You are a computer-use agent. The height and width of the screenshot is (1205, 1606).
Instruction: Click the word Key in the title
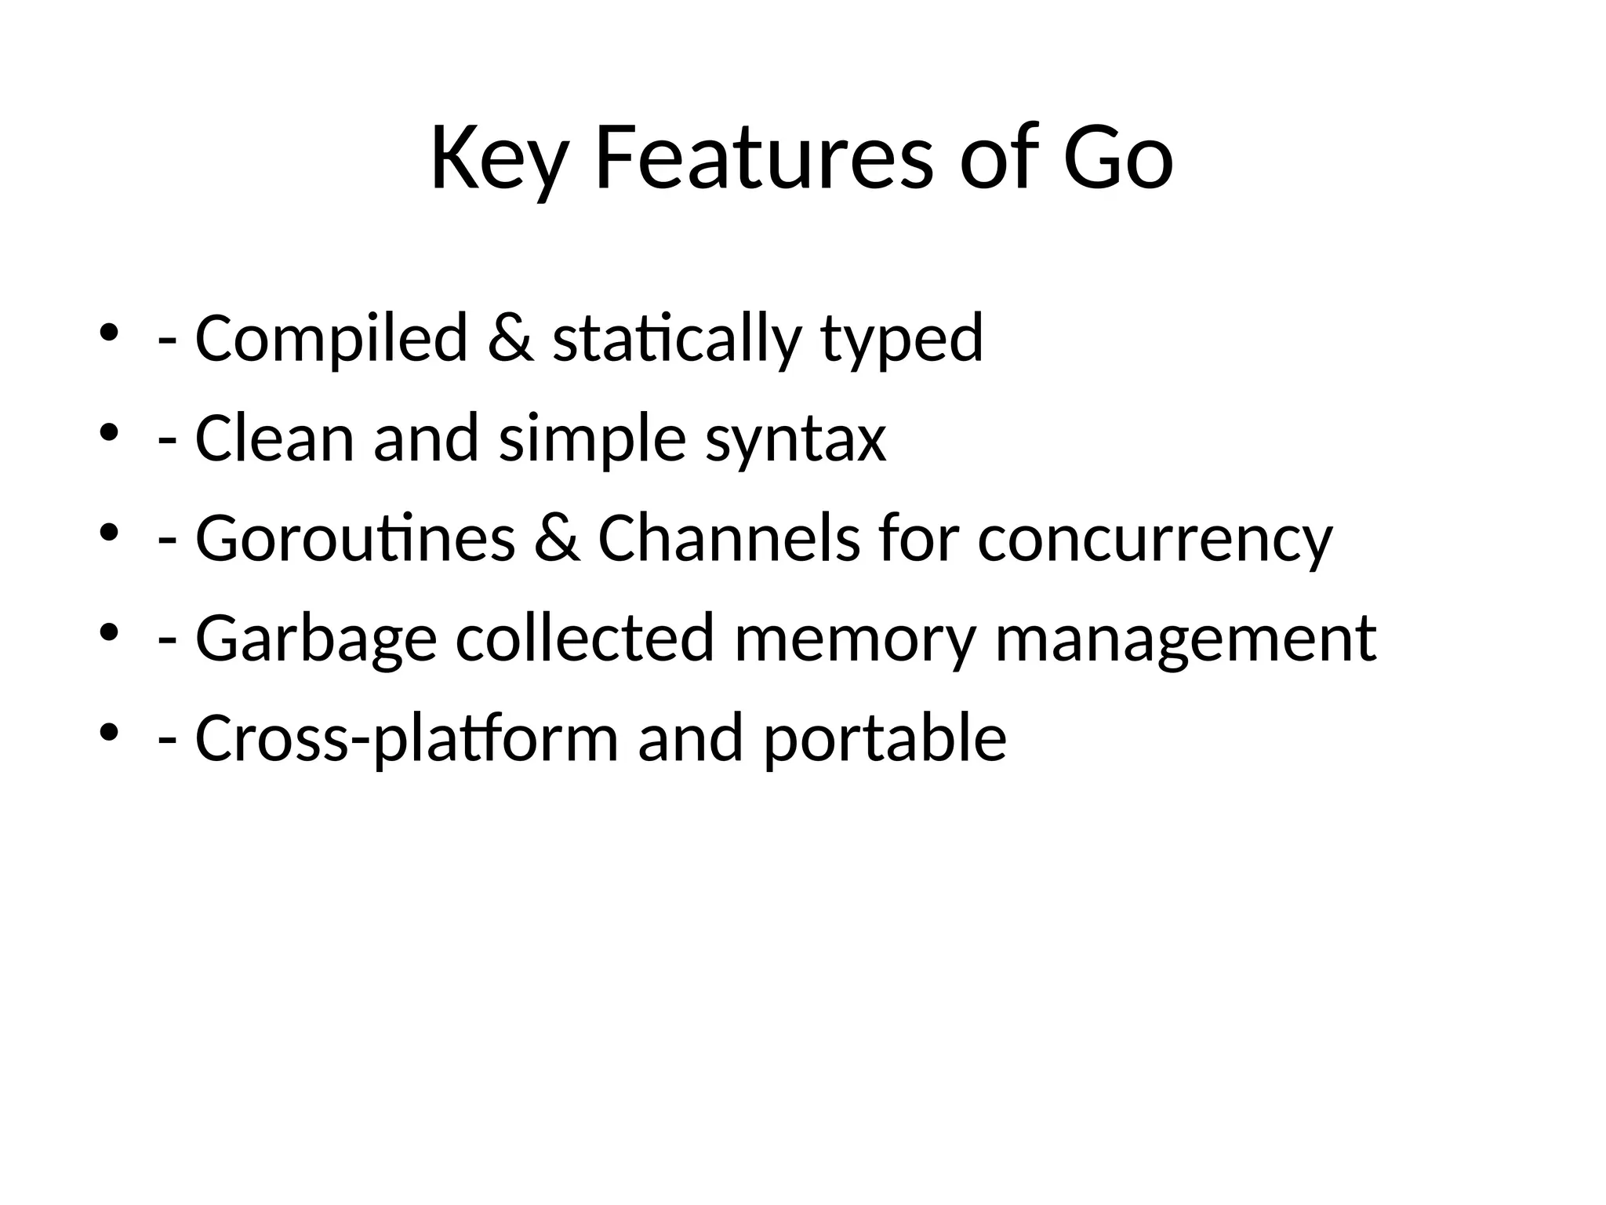[x=498, y=159]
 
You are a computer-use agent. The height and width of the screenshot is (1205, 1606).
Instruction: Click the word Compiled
[x=331, y=338]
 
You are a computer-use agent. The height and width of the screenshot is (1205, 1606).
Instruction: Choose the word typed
[x=902, y=338]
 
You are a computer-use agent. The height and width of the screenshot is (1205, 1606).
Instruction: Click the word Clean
[x=274, y=439]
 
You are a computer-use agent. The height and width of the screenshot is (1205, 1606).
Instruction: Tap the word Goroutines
[x=354, y=539]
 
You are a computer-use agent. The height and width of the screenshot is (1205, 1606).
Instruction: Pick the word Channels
[x=729, y=539]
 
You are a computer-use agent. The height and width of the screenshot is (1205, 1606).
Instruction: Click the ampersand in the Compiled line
[x=511, y=338]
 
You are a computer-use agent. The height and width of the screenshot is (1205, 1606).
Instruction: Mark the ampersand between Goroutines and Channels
[x=557, y=539]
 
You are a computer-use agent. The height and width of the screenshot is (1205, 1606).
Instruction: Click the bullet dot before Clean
[x=109, y=431]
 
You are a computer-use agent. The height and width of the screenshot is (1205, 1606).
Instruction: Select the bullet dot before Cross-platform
[x=109, y=732]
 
